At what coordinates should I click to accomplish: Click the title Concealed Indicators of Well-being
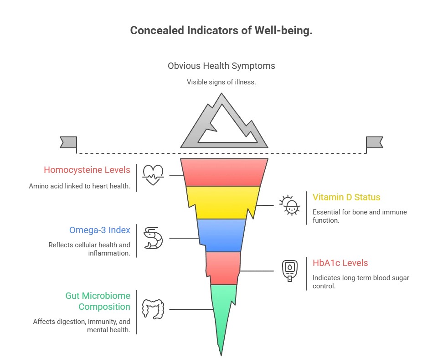pyautogui.click(x=221, y=31)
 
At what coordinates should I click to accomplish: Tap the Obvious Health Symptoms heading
pyautogui.click(x=221, y=66)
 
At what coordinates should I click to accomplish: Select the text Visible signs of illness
pyautogui.click(x=221, y=82)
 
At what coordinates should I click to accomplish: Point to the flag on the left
pyautogui.click(x=69, y=142)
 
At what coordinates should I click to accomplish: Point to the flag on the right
pyautogui.click(x=374, y=142)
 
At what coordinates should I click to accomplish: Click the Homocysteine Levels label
pyautogui.click(x=87, y=170)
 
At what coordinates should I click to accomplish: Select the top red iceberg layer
pyautogui.click(x=223, y=172)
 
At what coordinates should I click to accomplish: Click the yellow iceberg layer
pyautogui.click(x=222, y=202)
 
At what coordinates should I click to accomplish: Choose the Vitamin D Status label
pyautogui.click(x=346, y=198)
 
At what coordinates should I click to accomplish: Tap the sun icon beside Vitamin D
pyautogui.click(x=290, y=205)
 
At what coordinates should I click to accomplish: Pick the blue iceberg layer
pyautogui.click(x=221, y=235)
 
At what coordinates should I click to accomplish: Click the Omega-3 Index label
pyautogui.click(x=99, y=230)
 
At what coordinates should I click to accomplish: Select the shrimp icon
pyautogui.click(x=153, y=238)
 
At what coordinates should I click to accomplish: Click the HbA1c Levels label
pyautogui.click(x=340, y=263)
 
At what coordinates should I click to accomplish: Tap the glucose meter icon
pyautogui.click(x=290, y=271)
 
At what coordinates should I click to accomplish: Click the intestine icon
pyautogui.click(x=153, y=309)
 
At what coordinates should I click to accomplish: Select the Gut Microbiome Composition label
pyautogui.click(x=98, y=301)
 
